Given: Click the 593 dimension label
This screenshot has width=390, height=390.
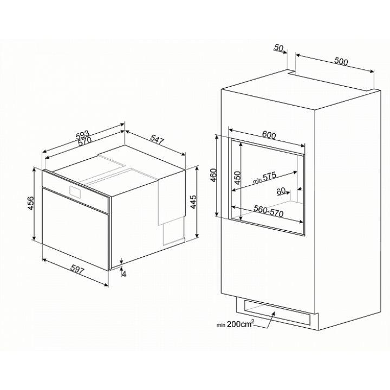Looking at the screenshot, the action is click(x=82, y=135).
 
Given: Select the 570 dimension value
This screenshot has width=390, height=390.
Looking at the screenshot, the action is click(x=84, y=142).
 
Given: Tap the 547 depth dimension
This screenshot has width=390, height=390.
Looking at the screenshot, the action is click(x=158, y=140).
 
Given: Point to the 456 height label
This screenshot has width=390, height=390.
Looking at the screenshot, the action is click(x=30, y=203).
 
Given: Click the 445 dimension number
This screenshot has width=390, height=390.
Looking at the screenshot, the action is click(x=193, y=202).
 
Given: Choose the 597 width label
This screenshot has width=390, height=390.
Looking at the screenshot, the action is click(x=77, y=270).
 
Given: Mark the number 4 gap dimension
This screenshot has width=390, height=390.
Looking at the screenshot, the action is click(x=124, y=274).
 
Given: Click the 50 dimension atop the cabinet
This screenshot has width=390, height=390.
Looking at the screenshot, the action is click(x=279, y=48).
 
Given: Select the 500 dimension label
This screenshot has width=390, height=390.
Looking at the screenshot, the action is click(x=341, y=61).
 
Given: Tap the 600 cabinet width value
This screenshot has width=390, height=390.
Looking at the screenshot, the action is click(x=269, y=135).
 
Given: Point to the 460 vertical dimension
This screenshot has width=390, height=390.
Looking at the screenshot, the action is click(x=213, y=175).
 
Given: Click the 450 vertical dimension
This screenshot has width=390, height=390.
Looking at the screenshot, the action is click(x=238, y=178).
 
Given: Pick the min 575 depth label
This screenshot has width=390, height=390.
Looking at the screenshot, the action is click(x=265, y=178).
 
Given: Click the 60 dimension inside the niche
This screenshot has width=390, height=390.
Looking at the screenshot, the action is click(x=281, y=191).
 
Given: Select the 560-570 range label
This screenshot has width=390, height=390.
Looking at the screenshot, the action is click(x=269, y=211).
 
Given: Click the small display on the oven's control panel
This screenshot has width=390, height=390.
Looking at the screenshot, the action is click(x=75, y=192).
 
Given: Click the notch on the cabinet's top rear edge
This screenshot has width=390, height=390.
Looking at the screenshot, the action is click(x=291, y=72).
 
